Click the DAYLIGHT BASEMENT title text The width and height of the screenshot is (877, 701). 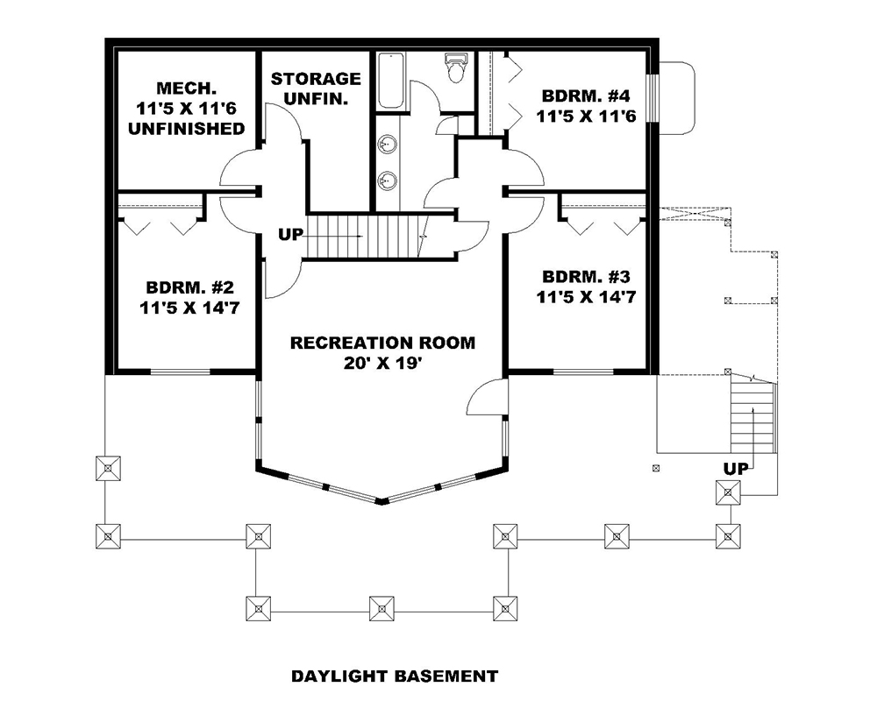(x=394, y=676)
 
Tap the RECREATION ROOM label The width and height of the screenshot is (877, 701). (x=382, y=342)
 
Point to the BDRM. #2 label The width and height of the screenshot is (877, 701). (x=189, y=287)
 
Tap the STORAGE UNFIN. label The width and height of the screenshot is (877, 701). (x=315, y=89)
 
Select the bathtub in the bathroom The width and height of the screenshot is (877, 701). (x=391, y=81)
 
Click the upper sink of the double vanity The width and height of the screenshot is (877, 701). (x=387, y=145)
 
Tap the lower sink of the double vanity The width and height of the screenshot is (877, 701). (x=387, y=181)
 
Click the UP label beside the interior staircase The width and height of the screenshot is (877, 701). (x=290, y=235)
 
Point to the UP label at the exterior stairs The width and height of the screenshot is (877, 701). (x=736, y=469)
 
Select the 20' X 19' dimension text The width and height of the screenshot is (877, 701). (x=382, y=363)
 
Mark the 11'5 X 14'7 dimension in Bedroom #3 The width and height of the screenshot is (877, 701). (x=585, y=298)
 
